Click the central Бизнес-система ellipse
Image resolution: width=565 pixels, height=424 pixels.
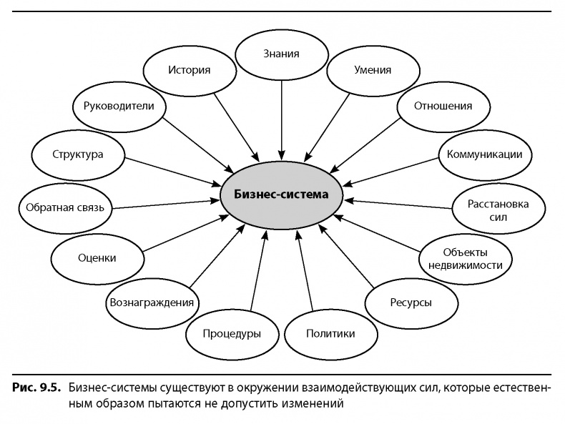(x=283, y=194)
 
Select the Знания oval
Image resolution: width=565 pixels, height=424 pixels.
(x=280, y=54)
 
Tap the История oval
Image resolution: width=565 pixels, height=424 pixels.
(x=189, y=70)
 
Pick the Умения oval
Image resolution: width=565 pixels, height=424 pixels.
(x=373, y=70)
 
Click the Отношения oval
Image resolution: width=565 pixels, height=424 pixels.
(x=443, y=107)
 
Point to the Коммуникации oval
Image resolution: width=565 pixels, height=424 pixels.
(x=483, y=154)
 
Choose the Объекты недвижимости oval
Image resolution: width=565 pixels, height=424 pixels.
(x=466, y=258)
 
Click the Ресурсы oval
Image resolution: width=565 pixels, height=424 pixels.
(x=410, y=302)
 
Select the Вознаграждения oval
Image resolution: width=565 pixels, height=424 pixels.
(x=151, y=302)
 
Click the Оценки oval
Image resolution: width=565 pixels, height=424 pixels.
(x=96, y=258)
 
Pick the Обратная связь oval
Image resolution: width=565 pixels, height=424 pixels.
(x=65, y=208)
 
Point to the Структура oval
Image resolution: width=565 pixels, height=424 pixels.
(x=78, y=154)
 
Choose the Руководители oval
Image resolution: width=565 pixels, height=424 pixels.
(x=119, y=107)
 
